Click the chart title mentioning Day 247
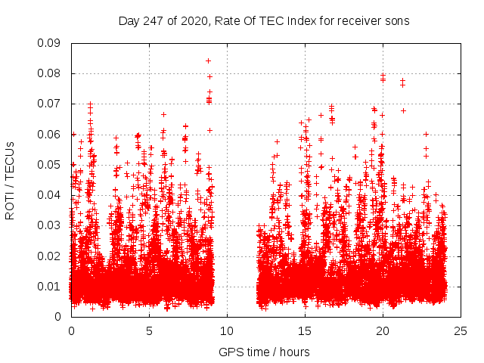[264, 20]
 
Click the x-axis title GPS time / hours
[264, 352]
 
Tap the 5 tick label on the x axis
[149, 331]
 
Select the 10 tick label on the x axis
[227, 331]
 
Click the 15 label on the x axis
[305, 331]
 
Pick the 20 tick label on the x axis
[383, 331]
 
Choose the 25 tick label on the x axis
[461, 331]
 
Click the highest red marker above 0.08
[208, 60]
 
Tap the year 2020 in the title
[194, 20]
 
